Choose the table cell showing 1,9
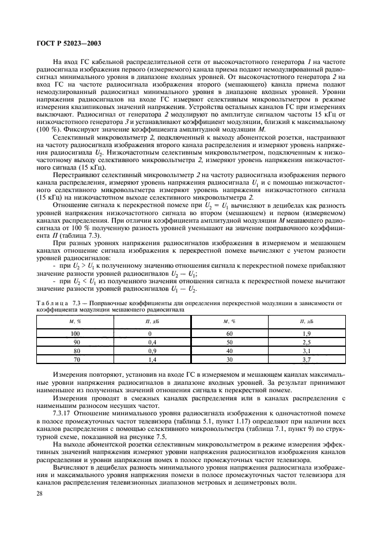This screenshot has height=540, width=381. pos(306,334)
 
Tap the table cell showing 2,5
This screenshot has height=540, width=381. pos(306,342)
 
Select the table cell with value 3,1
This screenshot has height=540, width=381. pos(306,350)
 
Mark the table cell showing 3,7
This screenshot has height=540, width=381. pos(306,359)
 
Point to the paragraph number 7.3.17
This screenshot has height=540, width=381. pos(62,414)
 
